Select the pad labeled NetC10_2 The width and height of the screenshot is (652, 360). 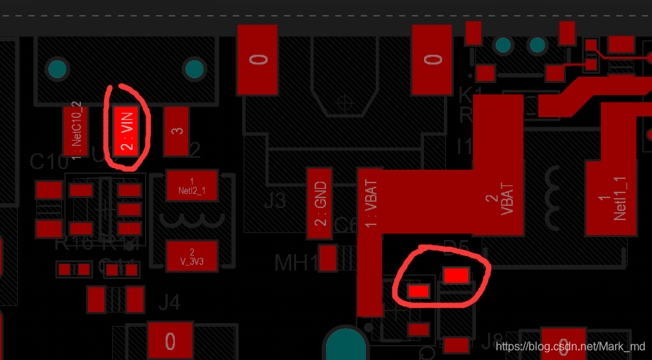click(76, 131)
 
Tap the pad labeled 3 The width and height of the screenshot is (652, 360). click(176, 131)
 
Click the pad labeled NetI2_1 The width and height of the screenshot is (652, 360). click(191, 185)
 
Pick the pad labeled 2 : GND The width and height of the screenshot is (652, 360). click(320, 203)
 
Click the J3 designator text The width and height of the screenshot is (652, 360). click(275, 201)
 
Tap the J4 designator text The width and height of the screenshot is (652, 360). click(169, 302)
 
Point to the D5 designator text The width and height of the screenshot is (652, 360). click(456, 248)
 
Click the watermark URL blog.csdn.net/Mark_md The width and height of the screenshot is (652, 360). click(571, 346)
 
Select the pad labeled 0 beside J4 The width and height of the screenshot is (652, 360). click(170, 342)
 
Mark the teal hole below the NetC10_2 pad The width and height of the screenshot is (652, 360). click(56, 69)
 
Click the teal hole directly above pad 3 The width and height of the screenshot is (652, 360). click(193, 69)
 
